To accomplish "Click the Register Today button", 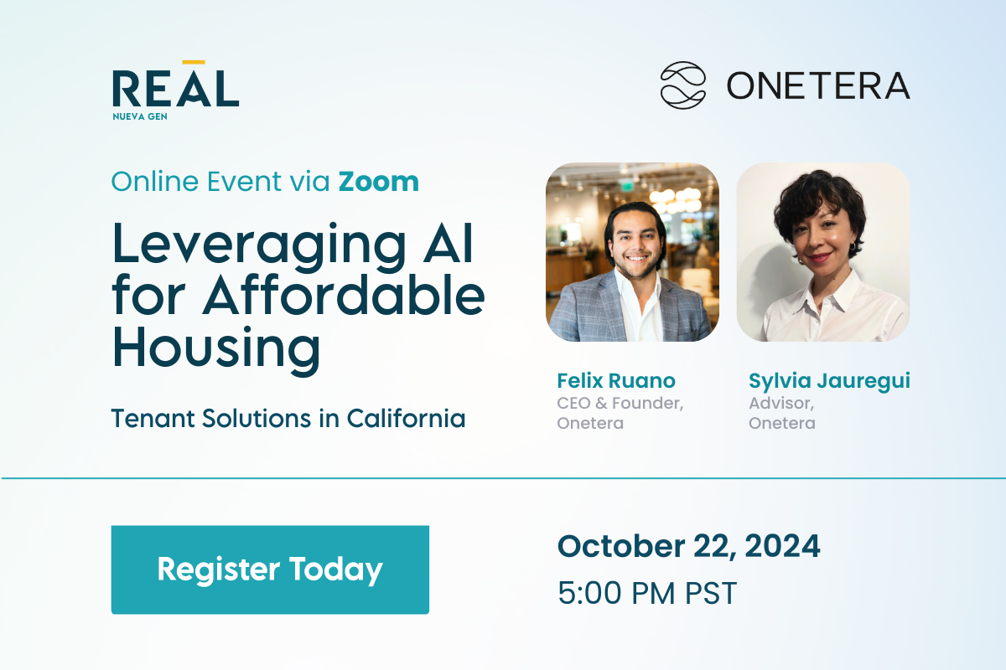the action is tap(270, 569).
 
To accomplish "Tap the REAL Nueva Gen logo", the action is tap(175, 90).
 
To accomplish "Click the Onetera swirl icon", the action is tap(682, 85).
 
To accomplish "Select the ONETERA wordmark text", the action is tap(818, 85).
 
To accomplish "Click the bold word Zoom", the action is tap(379, 182).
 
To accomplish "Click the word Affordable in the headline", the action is tap(344, 296).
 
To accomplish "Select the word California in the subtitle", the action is tap(406, 418).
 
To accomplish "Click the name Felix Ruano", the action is tap(616, 380).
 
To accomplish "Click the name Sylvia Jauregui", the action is tap(829, 381).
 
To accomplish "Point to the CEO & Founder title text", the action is tap(620, 403).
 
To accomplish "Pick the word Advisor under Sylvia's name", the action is tap(781, 403).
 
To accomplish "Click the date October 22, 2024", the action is tap(689, 546).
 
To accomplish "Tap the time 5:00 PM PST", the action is tap(647, 593).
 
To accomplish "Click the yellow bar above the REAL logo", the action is tap(194, 62).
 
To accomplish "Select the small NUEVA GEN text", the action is tap(140, 116).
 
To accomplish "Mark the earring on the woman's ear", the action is tap(852, 247).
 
